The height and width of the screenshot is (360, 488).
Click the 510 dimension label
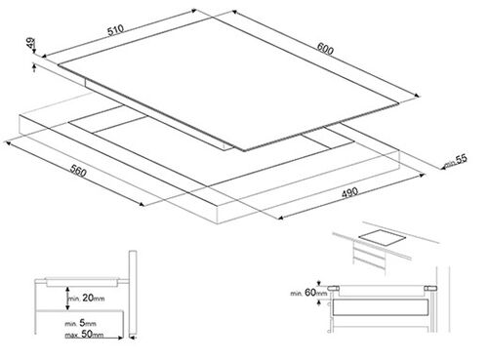(115, 30)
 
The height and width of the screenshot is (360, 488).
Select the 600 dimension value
(325, 49)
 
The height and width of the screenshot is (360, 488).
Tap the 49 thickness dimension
(30, 43)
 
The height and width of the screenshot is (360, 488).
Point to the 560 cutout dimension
(78, 172)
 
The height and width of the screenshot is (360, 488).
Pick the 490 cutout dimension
(349, 192)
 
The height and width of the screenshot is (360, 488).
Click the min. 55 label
(456, 160)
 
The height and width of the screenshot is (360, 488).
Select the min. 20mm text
(86, 298)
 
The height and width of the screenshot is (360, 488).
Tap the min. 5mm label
(80, 323)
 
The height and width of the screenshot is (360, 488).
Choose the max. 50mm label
(84, 334)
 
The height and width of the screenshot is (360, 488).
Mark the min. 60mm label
(308, 293)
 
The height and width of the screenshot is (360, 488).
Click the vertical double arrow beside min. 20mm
(67, 299)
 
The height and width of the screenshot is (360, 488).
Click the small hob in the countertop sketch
(383, 237)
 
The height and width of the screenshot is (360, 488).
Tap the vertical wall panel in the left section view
(133, 293)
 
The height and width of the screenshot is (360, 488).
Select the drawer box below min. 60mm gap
(380, 307)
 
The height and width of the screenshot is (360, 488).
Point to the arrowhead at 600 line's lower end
(417, 96)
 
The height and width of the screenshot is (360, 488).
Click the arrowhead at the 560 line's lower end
(142, 204)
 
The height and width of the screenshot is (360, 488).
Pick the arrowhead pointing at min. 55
(443, 168)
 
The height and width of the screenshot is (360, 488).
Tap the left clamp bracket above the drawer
(333, 288)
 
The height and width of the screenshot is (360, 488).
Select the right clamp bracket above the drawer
(430, 288)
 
